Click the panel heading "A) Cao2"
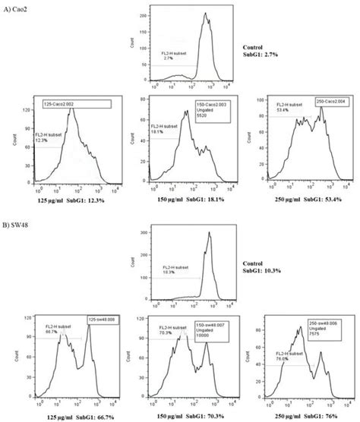pos(17,8)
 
